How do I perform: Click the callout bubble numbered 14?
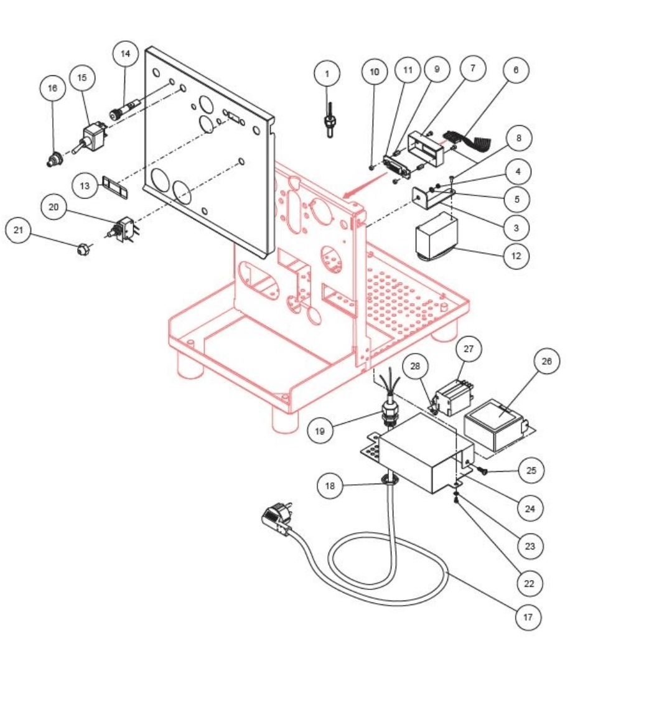tap(126, 54)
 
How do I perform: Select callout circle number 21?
tap(19, 231)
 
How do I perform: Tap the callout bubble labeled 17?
tap(528, 617)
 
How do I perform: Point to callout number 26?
tap(546, 361)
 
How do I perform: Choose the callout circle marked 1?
tap(327, 74)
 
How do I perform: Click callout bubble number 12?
tap(516, 255)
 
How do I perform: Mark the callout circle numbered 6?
tap(516, 70)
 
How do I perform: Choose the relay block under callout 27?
tap(454, 393)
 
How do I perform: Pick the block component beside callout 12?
tap(437, 236)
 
